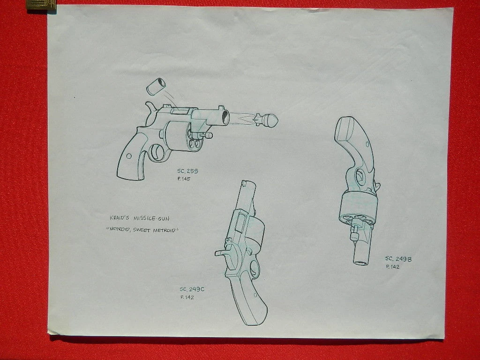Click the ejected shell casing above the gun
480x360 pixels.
(x=156, y=86)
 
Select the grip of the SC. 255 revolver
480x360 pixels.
(x=133, y=156)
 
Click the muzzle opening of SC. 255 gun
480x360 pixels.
(x=225, y=117)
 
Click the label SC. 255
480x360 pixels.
(x=187, y=171)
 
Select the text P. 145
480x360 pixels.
(x=184, y=179)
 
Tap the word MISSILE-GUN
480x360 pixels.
(x=151, y=218)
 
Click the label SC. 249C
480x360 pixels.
(x=192, y=289)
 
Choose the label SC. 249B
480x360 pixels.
(x=398, y=259)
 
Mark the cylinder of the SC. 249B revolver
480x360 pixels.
(x=358, y=209)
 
